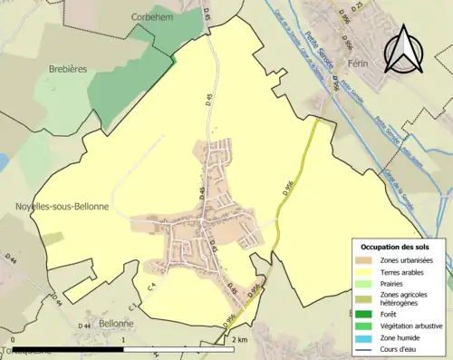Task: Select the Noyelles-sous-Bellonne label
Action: tap(62, 207)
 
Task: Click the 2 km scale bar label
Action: tap(239, 340)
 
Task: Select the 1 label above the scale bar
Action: tap(122, 340)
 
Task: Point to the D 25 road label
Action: tap(354, 7)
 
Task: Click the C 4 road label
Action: tap(151, 287)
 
